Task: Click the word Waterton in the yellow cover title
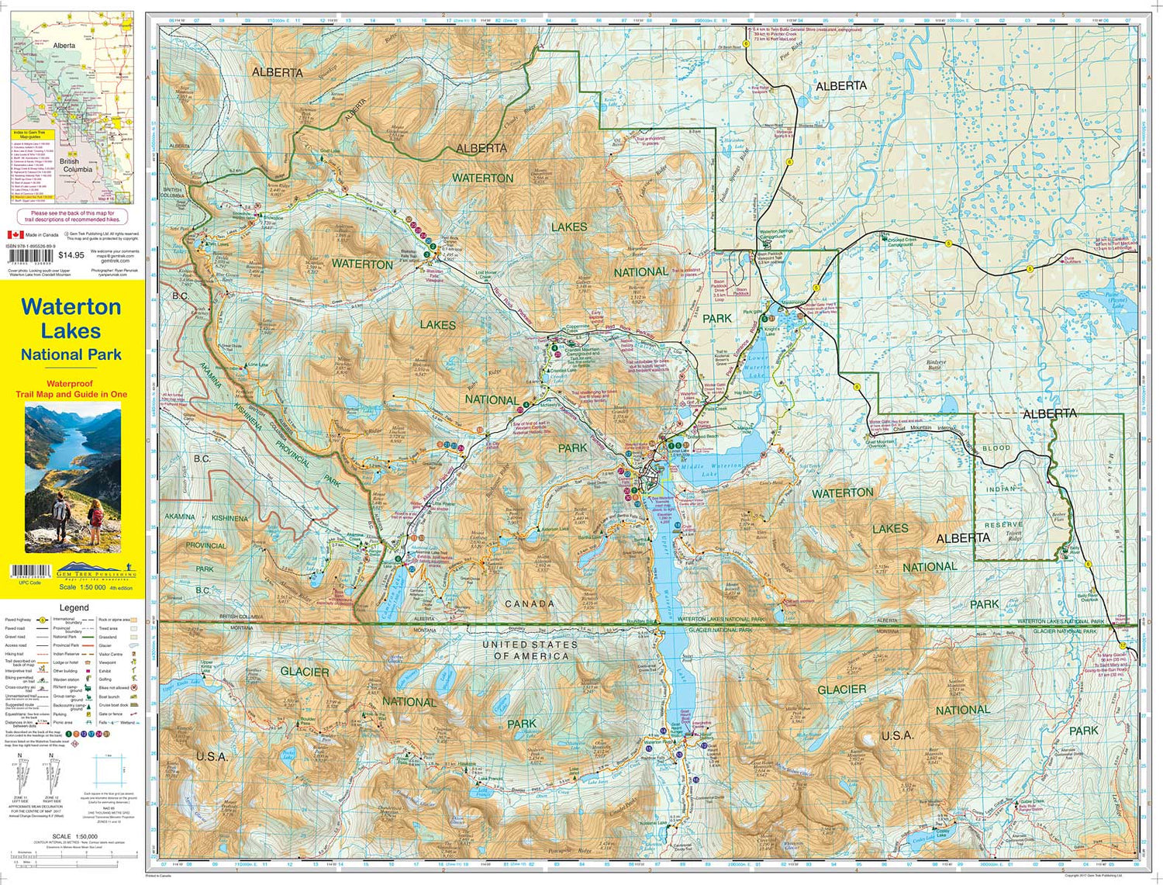click(x=71, y=307)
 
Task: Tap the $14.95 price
click(x=71, y=254)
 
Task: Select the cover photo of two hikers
click(x=73, y=478)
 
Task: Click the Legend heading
click(x=74, y=607)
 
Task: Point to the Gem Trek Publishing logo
click(x=96, y=570)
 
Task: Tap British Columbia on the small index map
click(x=77, y=165)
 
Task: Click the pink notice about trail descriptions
click(x=72, y=216)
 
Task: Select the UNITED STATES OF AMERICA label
click(x=530, y=650)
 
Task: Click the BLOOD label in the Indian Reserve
click(x=996, y=448)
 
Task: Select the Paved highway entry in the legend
click(x=18, y=620)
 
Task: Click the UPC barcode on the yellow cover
click(x=29, y=572)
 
